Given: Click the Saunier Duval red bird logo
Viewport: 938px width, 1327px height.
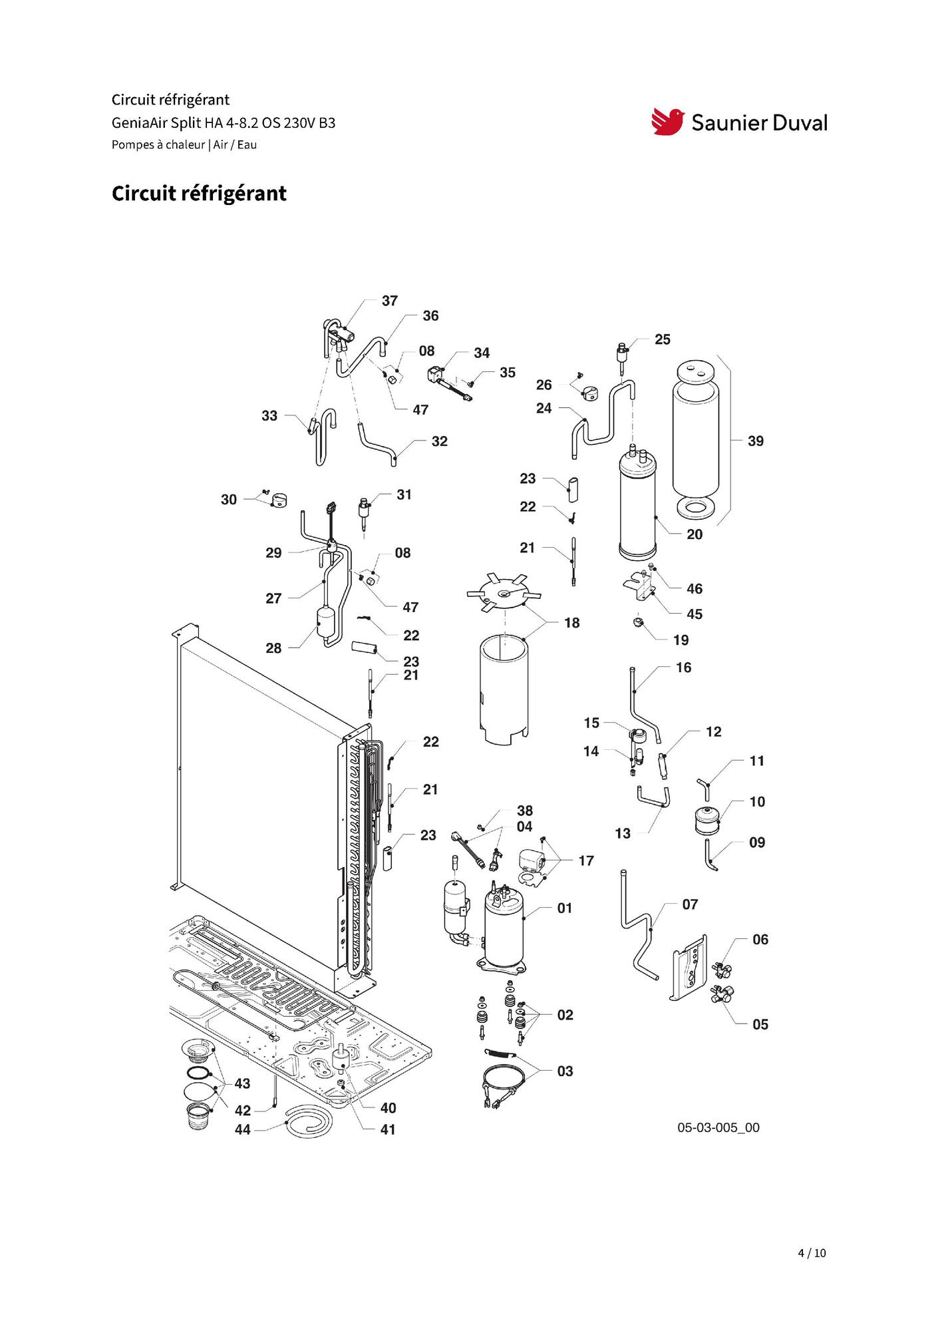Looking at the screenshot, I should tap(667, 122).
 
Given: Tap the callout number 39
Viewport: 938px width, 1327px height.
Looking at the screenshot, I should tap(755, 441).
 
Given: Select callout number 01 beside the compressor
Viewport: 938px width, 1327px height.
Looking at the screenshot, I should tap(565, 908).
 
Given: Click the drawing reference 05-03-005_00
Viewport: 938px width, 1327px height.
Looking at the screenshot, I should tap(718, 1128).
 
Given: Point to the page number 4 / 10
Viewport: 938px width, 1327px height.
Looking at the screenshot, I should tap(812, 1253).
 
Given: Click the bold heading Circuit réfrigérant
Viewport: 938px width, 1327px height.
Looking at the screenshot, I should tap(199, 194).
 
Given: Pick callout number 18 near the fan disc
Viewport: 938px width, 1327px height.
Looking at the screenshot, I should tap(571, 623).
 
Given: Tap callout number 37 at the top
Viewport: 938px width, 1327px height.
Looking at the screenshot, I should tap(390, 301).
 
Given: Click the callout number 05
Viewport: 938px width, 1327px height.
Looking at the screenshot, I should tap(760, 1025).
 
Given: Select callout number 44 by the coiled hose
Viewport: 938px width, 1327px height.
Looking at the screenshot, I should tap(243, 1130).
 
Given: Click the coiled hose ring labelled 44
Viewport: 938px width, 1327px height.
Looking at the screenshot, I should tap(307, 1120).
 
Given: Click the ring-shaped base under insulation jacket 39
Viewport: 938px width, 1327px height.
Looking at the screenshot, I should tap(696, 509).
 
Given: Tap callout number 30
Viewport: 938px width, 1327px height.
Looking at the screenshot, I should tap(229, 500).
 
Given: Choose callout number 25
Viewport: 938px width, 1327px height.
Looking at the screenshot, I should tap(662, 339).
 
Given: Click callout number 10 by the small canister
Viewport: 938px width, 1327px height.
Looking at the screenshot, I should tap(757, 802).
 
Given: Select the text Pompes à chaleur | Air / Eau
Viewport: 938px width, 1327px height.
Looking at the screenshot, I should tap(184, 145).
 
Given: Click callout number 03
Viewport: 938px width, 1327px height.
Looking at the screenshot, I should tap(565, 1071).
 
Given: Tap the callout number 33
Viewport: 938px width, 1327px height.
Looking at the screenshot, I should tap(269, 416).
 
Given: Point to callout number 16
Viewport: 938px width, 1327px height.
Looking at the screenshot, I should tap(683, 667).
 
